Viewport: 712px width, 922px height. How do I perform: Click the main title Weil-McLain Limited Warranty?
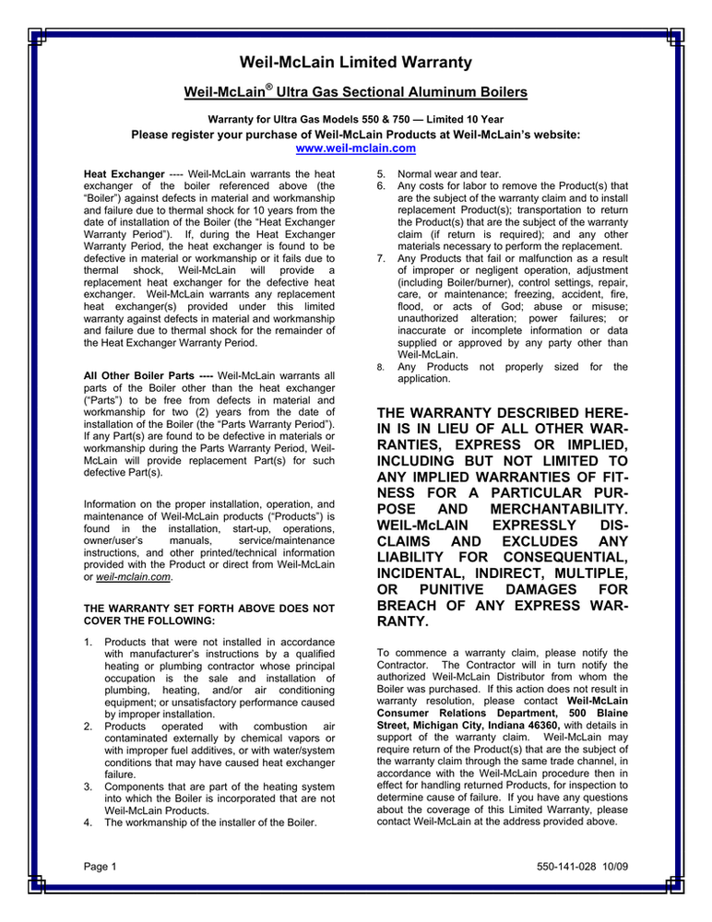click(356, 63)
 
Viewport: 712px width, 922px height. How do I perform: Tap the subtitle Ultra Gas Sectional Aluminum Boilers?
click(395, 93)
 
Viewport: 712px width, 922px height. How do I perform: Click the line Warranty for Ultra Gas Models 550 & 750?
click(355, 119)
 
